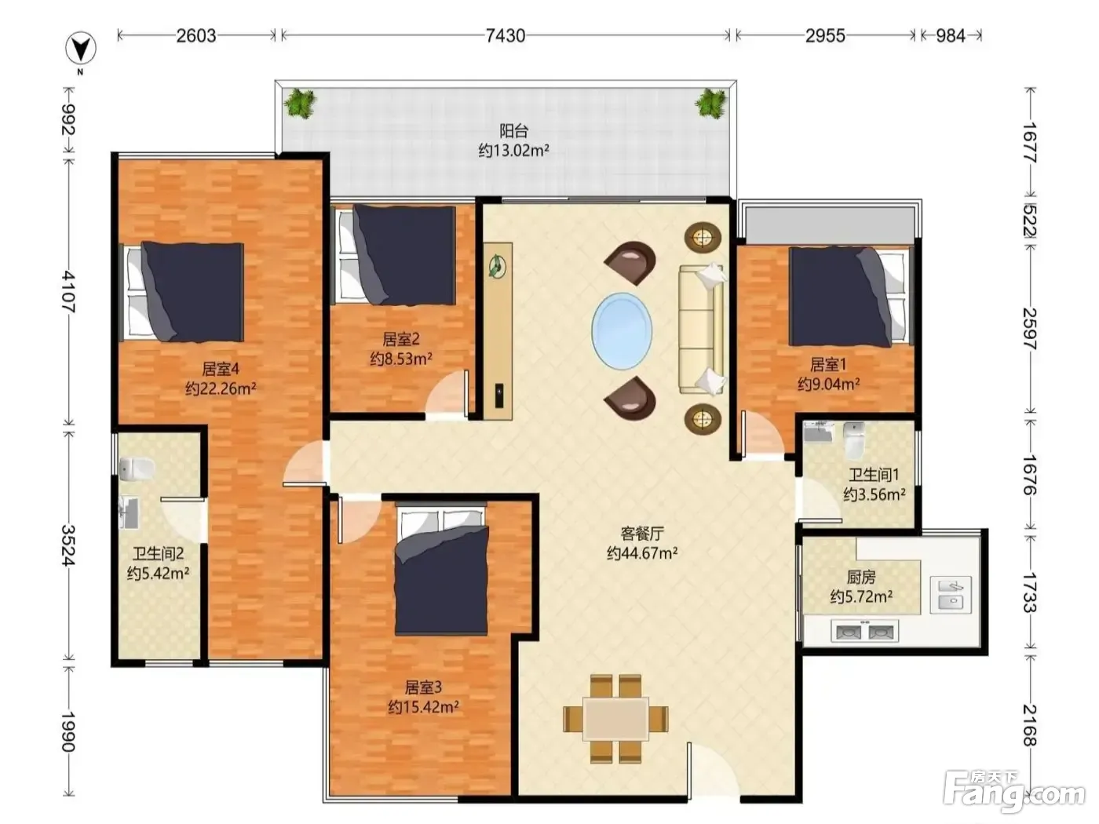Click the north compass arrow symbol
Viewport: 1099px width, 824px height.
tap(81, 49)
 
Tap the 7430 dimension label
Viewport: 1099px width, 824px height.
tap(506, 35)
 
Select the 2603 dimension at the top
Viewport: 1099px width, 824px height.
tap(195, 35)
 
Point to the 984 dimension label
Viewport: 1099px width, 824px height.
tap(951, 35)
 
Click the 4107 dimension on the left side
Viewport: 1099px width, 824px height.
tap(68, 292)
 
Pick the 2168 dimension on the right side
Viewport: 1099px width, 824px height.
tap(1029, 725)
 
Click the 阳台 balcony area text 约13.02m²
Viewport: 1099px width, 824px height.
tap(513, 150)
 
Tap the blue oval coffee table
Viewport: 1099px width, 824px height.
tap(622, 330)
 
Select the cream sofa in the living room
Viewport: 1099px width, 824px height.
tap(702, 329)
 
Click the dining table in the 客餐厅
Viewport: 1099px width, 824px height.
tap(615, 719)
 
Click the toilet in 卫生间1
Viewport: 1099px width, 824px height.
tap(853, 440)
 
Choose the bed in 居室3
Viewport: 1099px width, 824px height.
tap(441, 571)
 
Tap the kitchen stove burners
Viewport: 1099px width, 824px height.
tap(864, 631)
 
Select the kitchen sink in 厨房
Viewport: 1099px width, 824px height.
tap(951, 595)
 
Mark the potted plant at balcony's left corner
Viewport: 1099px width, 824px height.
tap(300, 103)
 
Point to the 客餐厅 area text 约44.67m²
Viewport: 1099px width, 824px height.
tap(642, 552)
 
